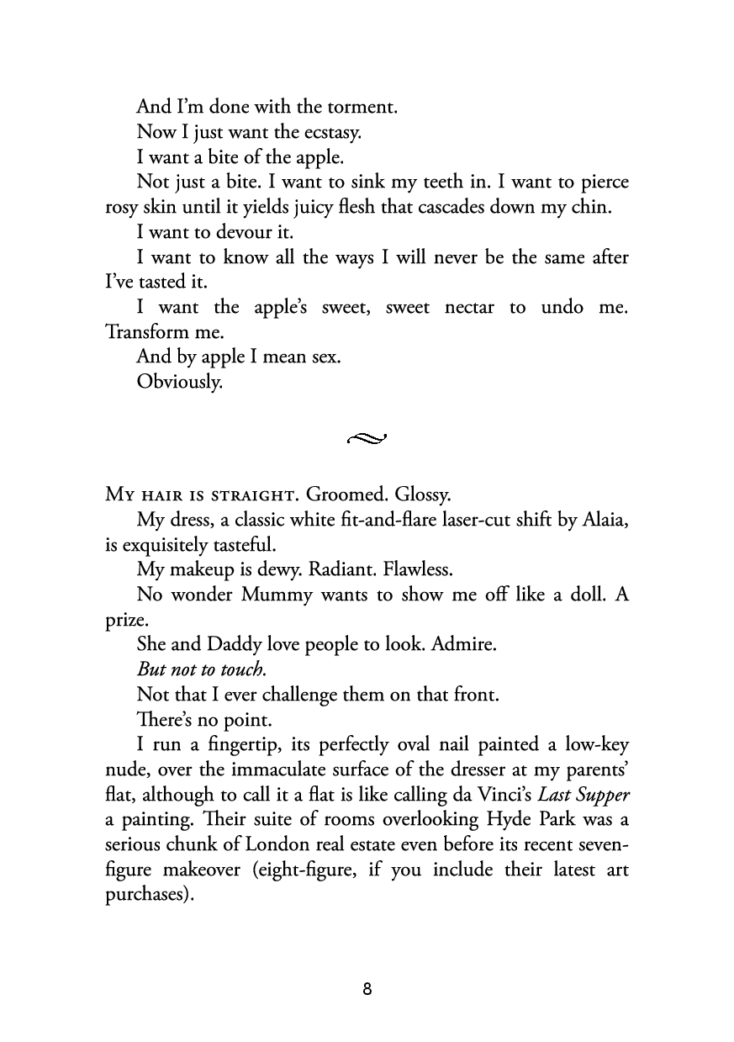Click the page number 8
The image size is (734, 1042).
click(367, 989)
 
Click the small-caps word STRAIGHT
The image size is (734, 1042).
click(233, 495)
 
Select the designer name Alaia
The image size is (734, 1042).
click(605, 521)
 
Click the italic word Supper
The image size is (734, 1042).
click(600, 795)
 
